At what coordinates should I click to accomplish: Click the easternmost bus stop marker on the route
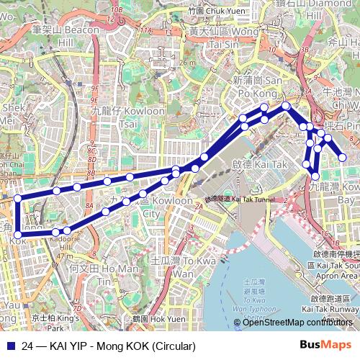(x=342, y=158)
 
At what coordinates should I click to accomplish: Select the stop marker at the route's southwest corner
(x=18, y=233)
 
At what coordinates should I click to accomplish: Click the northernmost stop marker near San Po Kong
(x=286, y=106)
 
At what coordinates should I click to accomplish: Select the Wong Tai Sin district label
(x=222, y=37)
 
